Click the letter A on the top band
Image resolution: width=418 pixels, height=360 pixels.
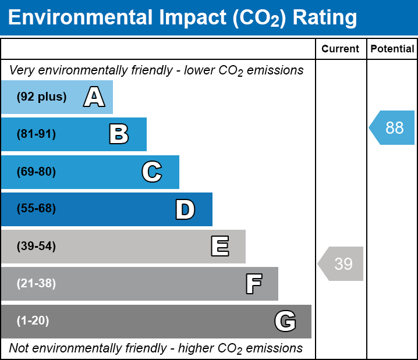coord(94,97)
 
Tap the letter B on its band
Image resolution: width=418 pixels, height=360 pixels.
coord(119,134)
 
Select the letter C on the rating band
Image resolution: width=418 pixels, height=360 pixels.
coord(151,172)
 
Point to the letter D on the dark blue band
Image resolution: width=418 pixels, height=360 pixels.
coord(185,209)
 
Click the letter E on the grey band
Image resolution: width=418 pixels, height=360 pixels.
coord(219,247)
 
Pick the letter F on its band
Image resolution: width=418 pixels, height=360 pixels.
coord(253,284)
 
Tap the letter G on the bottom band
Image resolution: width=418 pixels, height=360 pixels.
coord(285,321)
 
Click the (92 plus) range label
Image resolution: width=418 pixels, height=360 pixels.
coord(42,97)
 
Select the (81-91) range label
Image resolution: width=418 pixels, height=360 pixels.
coord(37,134)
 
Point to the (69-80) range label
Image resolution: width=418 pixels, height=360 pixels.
coord(37,172)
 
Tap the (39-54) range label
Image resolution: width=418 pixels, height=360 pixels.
coord(37,247)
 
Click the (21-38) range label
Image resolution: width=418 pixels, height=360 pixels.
coord(37,284)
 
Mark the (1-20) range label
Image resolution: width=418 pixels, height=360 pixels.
coord(33,321)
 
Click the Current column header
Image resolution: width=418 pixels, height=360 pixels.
coord(341,49)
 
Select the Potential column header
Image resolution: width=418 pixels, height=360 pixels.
coord(392,49)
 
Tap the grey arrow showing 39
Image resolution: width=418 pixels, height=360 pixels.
coord(341,264)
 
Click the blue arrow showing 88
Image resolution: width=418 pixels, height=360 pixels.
coord(392,127)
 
